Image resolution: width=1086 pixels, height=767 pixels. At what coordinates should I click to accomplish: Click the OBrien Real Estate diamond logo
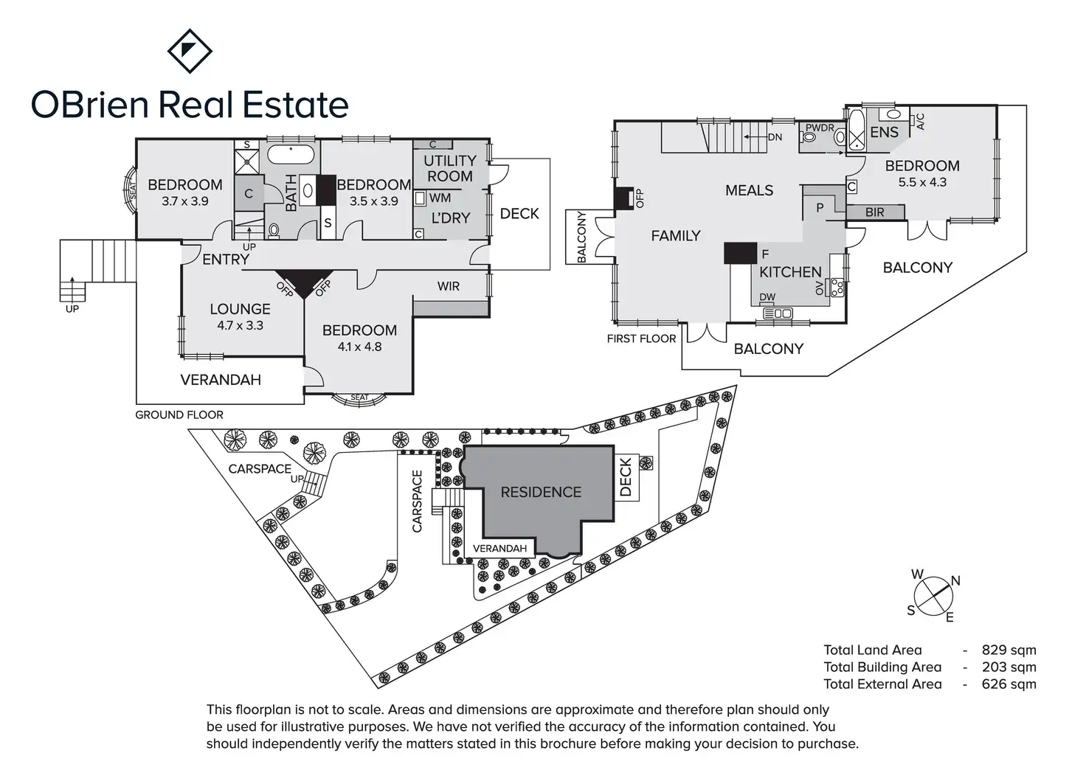point(190,51)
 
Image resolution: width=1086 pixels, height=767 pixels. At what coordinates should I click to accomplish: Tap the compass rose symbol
point(933,594)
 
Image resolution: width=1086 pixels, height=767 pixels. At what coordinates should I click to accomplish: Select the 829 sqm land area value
point(1009,650)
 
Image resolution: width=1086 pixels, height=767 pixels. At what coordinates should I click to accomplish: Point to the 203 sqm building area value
point(1009,667)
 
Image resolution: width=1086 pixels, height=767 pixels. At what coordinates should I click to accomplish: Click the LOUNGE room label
point(240,309)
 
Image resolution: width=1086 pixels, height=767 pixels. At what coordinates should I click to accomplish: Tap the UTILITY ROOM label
point(450,168)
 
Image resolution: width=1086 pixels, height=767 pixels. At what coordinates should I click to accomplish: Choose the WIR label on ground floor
point(449,286)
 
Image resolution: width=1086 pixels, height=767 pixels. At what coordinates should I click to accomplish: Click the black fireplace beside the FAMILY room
point(623,197)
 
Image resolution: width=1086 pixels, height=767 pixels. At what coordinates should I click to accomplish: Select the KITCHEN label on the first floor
point(790,272)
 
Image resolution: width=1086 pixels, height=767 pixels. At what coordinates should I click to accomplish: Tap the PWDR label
point(820,128)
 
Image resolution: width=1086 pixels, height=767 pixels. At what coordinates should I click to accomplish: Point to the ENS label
point(884,132)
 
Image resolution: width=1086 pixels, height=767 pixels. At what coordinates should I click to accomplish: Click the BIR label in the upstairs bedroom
point(874,212)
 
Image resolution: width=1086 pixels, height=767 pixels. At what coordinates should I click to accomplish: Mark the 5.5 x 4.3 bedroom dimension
point(922,182)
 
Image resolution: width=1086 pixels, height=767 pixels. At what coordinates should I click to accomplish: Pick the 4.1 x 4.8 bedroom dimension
point(359,347)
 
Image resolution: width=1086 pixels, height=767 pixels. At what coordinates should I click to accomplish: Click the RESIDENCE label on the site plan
point(541,492)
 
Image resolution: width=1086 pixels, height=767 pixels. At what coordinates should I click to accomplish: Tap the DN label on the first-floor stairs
point(775,137)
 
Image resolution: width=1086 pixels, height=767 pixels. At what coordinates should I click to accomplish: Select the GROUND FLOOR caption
point(179,415)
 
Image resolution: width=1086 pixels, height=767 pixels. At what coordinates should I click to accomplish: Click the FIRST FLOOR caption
point(641,339)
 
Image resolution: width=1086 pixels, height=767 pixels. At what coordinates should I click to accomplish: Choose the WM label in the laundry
point(440,198)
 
